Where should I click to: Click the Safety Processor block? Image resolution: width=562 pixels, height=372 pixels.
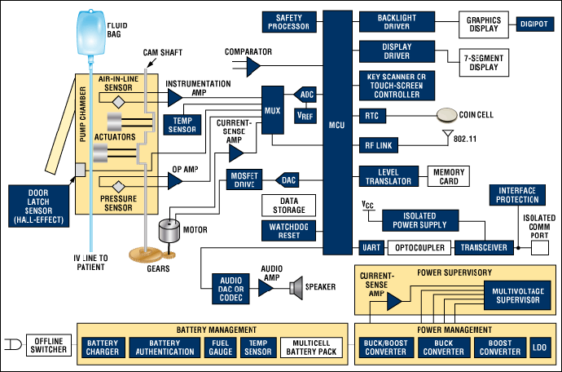[288, 22]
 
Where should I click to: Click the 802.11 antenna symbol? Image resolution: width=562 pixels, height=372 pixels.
[446, 135]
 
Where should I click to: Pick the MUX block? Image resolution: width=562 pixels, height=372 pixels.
[273, 108]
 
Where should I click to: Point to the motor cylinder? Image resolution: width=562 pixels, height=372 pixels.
[169, 231]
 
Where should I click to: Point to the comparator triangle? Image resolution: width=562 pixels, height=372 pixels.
[253, 64]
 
